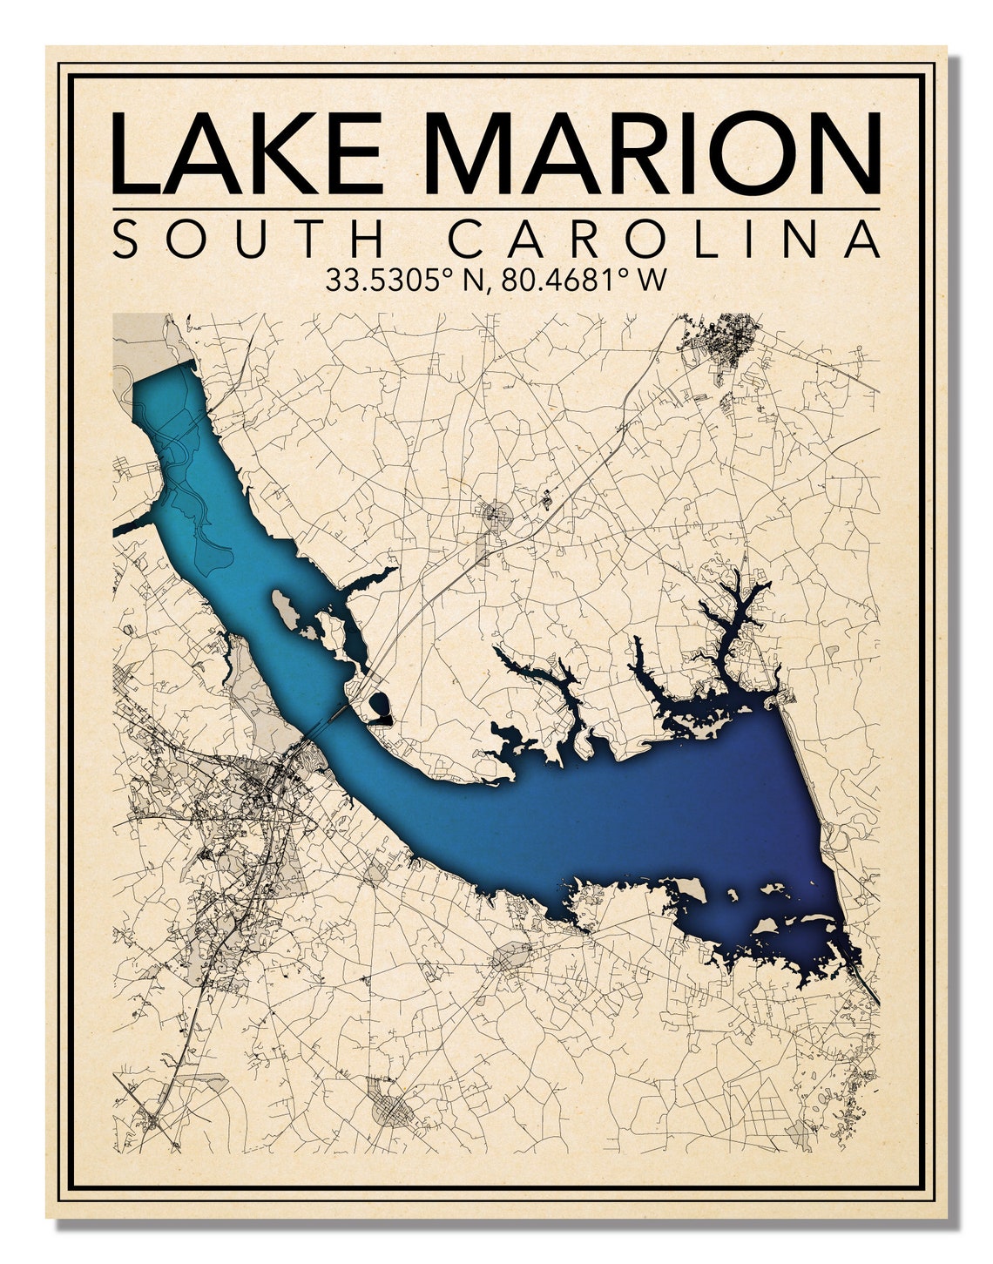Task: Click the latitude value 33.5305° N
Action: (x=402, y=280)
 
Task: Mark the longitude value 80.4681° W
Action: (x=578, y=280)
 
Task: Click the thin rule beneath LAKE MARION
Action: (x=496, y=209)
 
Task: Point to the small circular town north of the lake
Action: (x=498, y=514)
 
